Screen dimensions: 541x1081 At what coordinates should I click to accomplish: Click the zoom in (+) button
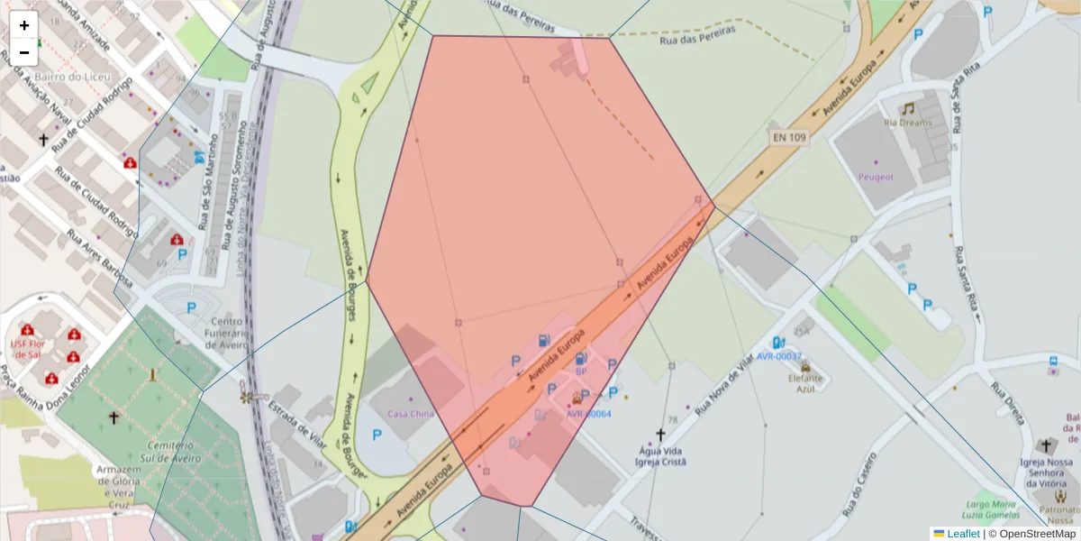(x=24, y=26)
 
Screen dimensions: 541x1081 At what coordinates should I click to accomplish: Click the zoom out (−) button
(x=24, y=51)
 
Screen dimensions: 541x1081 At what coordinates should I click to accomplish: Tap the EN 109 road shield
(x=789, y=138)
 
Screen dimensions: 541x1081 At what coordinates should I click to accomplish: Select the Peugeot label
(x=876, y=177)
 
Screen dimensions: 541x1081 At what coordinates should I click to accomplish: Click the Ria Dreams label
(x=908, y=123)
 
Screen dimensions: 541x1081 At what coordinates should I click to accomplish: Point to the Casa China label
(x=411, y=414)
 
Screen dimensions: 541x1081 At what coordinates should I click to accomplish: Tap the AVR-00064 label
(x=588, y=414)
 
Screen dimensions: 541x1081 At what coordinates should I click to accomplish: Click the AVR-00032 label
(x=779, y=356)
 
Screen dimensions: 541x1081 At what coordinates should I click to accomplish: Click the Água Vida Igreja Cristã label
(x=661, y=455)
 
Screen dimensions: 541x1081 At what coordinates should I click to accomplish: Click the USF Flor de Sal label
(x=26, y=348)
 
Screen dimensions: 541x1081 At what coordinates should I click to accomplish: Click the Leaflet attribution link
(x=962, y=534)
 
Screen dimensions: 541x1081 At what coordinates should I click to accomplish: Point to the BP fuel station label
(x=581, y=371)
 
